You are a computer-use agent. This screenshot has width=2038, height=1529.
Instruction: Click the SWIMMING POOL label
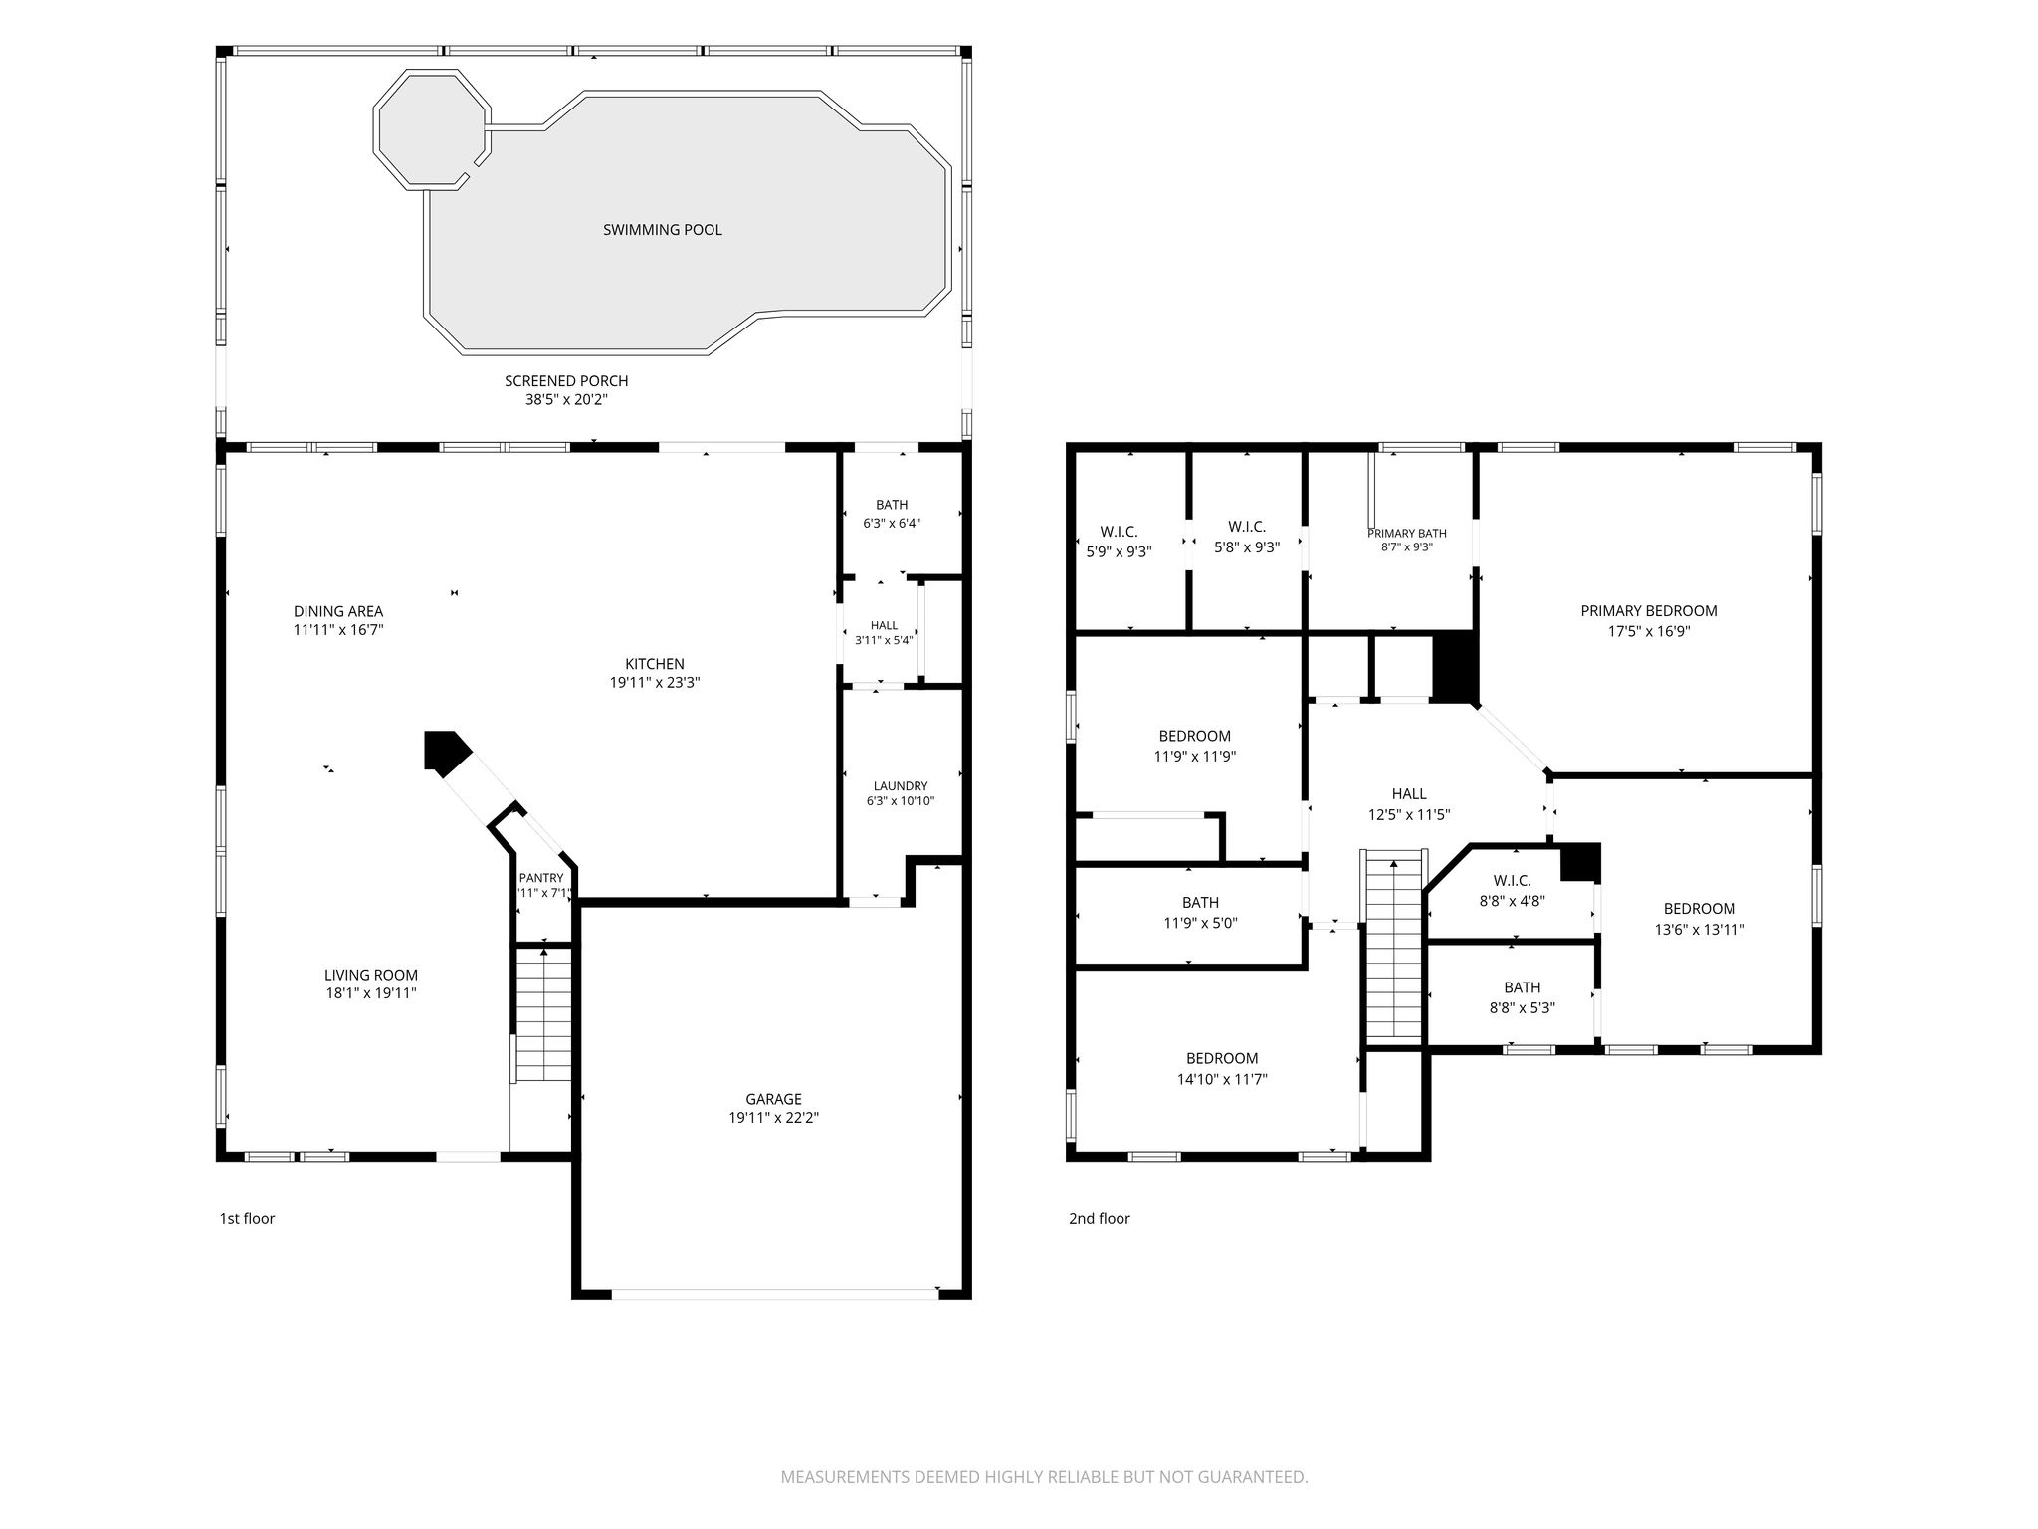click(662, 230)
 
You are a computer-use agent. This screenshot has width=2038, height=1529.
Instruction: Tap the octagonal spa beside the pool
click(433, 128)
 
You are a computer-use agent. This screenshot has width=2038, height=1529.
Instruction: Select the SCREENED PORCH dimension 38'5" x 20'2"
click(566, 400)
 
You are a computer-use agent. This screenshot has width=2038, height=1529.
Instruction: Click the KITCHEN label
click(654, 664)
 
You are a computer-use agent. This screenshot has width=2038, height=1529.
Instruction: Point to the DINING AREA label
click(338, 611)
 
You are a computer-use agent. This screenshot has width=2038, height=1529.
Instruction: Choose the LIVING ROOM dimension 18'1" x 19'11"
click(371, 993)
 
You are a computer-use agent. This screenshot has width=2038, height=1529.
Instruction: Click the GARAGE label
click(773, 1099)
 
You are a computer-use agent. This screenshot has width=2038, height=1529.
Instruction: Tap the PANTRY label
click(541, 878)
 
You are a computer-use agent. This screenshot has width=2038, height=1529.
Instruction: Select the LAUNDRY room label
click(901, 785)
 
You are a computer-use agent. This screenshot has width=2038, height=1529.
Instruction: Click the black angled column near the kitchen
click(445, 752)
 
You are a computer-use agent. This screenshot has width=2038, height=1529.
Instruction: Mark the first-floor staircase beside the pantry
click(543, 1013)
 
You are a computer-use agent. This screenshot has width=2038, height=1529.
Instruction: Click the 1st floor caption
click(247, 1218)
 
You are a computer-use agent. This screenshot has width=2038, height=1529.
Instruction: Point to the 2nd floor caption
click(1100, 1218)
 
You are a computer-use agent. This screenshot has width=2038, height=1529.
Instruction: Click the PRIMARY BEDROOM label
click(1649, 611)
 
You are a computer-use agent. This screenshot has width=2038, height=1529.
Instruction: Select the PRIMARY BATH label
click(1407, 534)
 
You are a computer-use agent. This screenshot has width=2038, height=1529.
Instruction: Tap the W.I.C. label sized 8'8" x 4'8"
click(1512, 881)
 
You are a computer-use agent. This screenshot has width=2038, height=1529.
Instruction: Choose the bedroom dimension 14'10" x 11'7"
click(1221, 1079)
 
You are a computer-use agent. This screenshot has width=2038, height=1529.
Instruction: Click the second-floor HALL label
click(1409, 794)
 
